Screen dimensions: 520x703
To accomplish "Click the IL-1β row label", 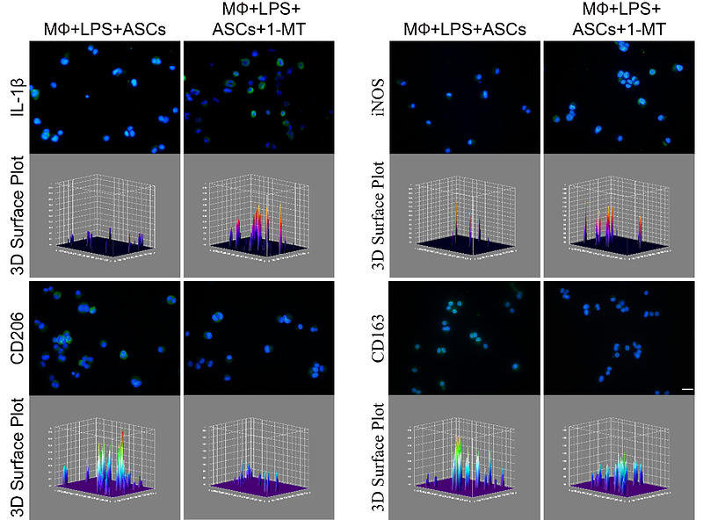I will (x=16, y=98).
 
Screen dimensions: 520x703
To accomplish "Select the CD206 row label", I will (x=16, y=337).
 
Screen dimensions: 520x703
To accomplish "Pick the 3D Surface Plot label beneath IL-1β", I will (x=16, y=216).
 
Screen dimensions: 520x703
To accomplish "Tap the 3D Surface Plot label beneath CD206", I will (x=16, y=457).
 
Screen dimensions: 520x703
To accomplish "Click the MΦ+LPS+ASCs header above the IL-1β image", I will (x=105, y=30).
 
